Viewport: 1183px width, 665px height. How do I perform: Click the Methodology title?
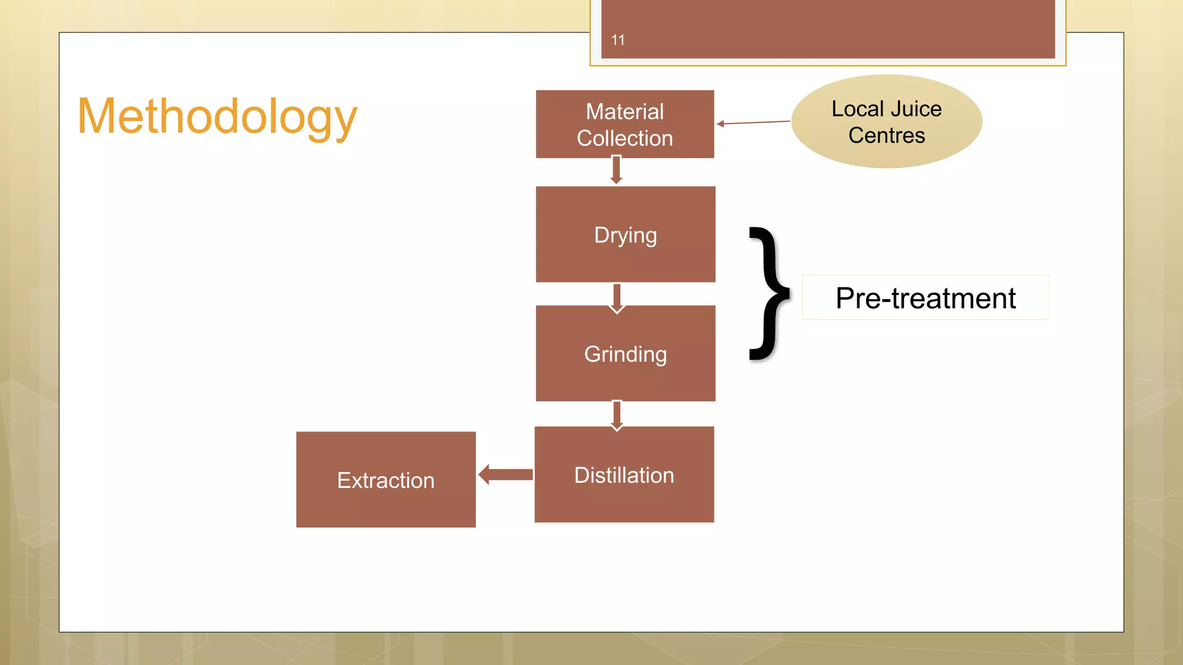(x=217, y=117)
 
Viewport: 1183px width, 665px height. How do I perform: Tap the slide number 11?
(x=617, y=40)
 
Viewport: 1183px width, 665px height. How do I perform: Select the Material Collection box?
(x=624, y=124)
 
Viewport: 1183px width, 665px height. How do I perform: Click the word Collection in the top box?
(x=624, y=139)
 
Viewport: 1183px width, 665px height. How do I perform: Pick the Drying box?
(x=626, y=234)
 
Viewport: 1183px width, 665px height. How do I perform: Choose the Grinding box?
(x=626, y=353)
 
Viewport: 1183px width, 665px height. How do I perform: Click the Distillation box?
(x=624, y=475)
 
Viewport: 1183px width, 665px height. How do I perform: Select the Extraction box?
(x=386, y=480)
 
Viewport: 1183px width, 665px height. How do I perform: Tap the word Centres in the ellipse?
(x=887, y=136)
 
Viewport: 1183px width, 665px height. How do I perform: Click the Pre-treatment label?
(x=925, y=298)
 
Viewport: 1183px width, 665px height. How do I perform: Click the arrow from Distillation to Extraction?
(x=506, y=475)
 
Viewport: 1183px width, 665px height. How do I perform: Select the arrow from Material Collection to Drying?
(x=616, y=170)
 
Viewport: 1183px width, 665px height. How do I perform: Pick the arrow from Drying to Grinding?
(x=617, y=297)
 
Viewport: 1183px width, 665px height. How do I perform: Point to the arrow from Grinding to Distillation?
(x=617, y=415)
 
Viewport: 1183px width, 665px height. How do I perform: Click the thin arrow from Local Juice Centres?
(x=753, y=122)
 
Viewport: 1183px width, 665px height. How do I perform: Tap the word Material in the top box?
(x=624, y=111)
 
